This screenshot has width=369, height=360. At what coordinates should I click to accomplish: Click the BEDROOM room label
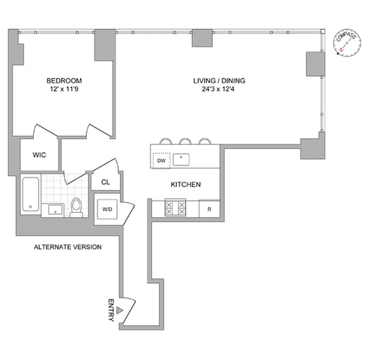(64, 81)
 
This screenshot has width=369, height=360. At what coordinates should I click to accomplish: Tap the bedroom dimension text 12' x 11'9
(64, 89)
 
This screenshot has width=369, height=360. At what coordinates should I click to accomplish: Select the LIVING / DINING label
(219, 81)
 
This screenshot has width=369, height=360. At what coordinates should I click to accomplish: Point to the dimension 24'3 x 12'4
(219, 89)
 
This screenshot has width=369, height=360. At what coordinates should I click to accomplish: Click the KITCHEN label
(185, 184)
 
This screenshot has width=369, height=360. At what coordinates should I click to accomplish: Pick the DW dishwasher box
(161, 160)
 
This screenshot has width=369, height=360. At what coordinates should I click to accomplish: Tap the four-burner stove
(176, 208)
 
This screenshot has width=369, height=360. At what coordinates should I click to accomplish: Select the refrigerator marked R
(209, 209)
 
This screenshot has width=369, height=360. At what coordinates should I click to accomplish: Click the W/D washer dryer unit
(107, 209)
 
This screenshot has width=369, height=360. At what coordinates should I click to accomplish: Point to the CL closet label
(105, 182)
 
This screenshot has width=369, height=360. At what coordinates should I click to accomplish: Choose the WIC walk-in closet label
(39, 155)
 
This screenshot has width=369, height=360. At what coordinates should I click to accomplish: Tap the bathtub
(31, 196)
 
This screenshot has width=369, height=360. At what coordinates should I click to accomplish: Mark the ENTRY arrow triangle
(120, 310)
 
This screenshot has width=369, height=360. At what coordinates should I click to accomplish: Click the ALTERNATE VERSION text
(68, 247)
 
